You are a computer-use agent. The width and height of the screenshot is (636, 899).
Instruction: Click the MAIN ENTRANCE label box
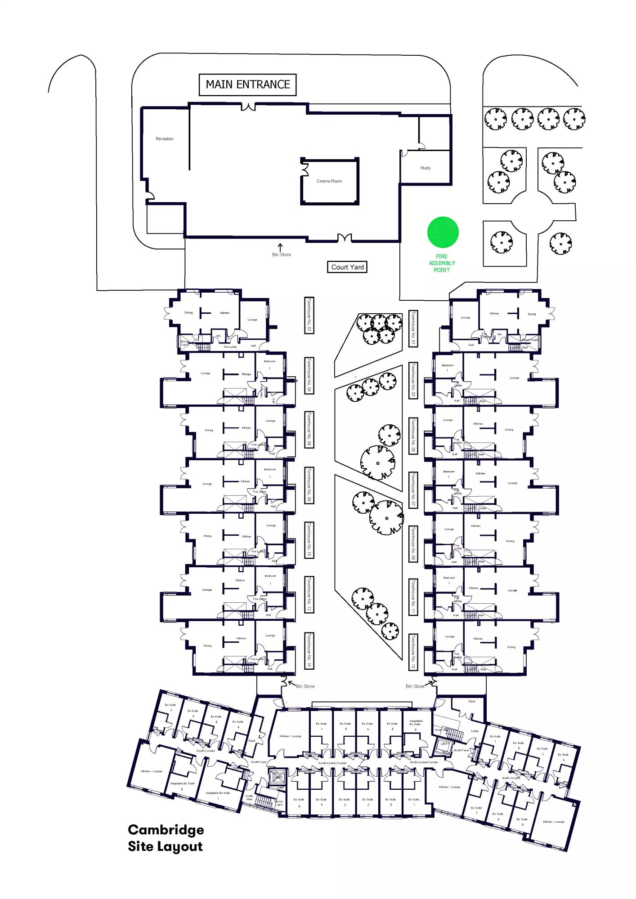click(x=247, y=85)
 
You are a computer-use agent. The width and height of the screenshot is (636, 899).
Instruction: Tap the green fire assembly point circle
click(x=443, y=232)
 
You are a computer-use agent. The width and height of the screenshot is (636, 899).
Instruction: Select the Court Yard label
click(x=347, y=267)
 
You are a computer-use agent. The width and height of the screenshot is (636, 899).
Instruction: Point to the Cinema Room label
click(x=329, y=181)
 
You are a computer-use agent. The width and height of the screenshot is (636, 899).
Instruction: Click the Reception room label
click(x=165, y=139)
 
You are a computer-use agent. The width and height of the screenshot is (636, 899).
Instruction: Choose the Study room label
click(x=425, y=168)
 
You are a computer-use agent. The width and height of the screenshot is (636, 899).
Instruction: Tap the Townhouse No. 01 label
click(x=413, y=329)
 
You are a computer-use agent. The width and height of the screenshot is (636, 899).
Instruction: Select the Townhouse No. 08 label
click(x=309, y=485)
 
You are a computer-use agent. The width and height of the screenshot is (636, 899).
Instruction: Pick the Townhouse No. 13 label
click(x=413, y=652)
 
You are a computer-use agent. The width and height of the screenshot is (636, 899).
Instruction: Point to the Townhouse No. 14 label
click(x=309, y=650)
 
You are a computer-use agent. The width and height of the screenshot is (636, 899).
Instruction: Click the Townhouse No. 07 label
click(x=413, y=490)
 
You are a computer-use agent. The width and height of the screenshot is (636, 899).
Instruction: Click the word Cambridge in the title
click(x=166, y=830)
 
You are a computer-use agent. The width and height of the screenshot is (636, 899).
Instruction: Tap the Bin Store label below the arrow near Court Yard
click(x=282, y=255)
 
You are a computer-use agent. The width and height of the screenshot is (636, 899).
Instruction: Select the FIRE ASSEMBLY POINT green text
click(x=442, y=263)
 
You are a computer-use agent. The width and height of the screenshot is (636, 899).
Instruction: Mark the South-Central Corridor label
click(x=332, y=763)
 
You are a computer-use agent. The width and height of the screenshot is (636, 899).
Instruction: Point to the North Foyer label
click(x=461, y=750)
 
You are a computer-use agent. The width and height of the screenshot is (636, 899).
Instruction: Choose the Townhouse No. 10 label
click(x=309, y=540)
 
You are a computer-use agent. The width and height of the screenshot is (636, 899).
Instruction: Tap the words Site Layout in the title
click(x=165, y=847)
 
